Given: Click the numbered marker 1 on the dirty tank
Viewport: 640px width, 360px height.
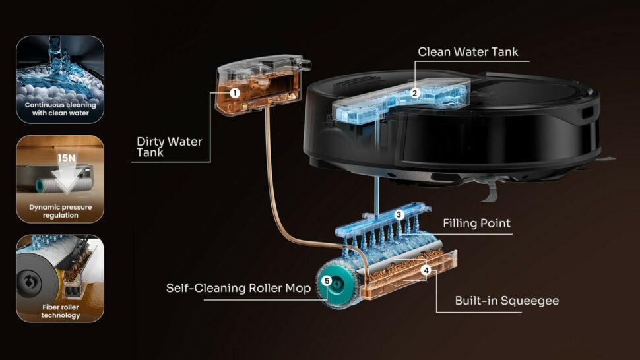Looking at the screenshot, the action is [x=234, y=93].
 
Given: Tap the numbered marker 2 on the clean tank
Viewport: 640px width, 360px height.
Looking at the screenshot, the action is [x=415, y=93].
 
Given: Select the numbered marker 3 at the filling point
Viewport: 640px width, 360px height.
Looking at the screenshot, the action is [x=399, y=214].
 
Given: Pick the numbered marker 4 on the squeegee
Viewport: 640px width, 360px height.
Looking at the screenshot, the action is [x=426, y=270].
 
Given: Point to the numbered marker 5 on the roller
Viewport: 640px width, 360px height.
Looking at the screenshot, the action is [x=326, y=280].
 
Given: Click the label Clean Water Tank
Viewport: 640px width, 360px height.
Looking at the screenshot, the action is [x=468, y=52].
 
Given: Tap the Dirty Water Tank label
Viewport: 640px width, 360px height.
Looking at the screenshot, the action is [x=169, y=147].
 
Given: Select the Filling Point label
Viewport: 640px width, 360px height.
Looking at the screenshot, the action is [x=476, y=223].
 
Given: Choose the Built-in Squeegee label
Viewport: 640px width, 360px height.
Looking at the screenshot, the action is [x=507, y=301].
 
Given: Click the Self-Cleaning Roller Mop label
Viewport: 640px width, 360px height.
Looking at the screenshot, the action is [x=238, y=288].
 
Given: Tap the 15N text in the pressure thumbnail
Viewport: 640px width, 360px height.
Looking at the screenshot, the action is [x=66, y=158].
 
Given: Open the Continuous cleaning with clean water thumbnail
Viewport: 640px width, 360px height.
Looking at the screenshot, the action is [x=60, y=80].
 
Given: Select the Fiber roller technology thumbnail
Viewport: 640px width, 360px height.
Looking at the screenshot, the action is [x=60, y=278].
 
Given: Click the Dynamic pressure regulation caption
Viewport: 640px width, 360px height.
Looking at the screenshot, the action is [x=61, y=211].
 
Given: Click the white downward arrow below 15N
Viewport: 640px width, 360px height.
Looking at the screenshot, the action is [x=65, y=177].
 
